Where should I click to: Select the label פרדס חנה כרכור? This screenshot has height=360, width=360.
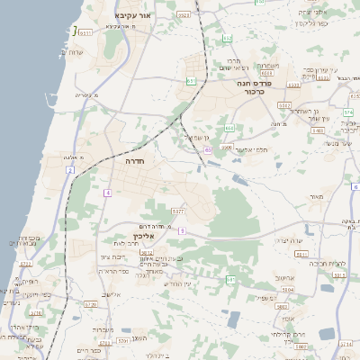pos(254,85)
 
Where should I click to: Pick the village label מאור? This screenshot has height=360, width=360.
pos(314,196)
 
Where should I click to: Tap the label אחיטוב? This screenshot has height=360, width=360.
pos(285,278)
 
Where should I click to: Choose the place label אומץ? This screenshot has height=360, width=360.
pos(287,318)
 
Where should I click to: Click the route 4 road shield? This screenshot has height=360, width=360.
pos(107,193)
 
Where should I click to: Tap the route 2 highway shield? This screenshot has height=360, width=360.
pos(69,170)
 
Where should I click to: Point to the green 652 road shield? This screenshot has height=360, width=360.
pos(228,39)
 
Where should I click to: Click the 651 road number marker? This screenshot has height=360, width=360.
pos(192,81)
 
